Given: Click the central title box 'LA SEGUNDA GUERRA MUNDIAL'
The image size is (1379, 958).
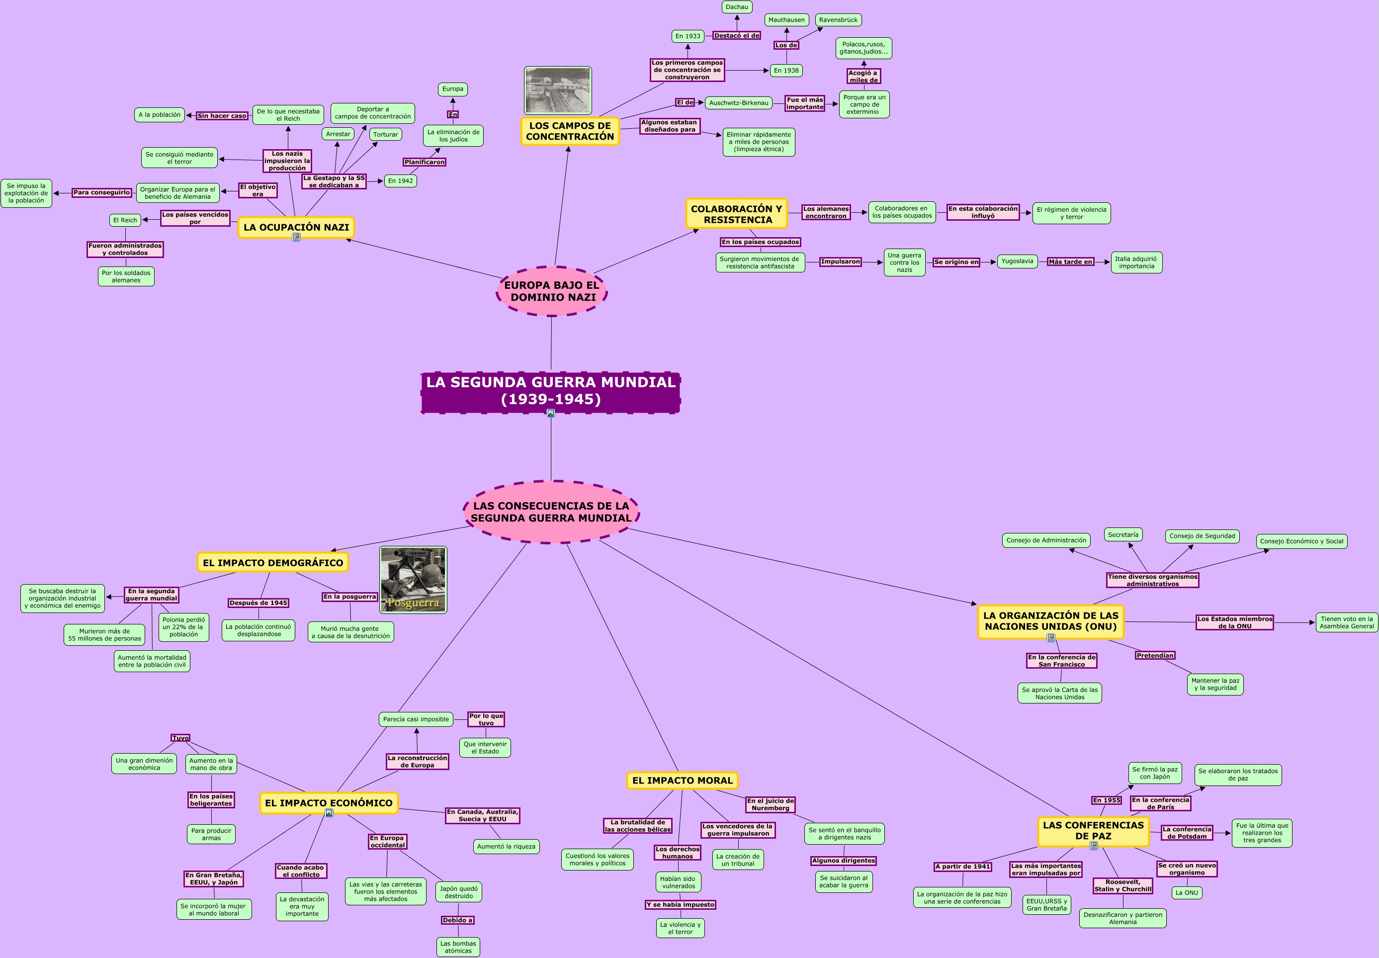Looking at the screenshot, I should click(551, 391).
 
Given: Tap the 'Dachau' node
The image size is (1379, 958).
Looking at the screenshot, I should click(736, 7).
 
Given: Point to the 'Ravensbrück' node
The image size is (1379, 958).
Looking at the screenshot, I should click(838, 20).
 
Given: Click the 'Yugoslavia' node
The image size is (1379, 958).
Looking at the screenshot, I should click(1017, 261).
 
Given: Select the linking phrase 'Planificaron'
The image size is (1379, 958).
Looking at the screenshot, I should click(424, 162).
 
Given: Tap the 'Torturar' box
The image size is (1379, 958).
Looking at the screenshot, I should click(385, 134).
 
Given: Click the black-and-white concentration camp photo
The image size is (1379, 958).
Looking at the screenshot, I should click(557, 90).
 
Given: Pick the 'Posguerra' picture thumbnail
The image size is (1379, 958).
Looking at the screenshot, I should click(414, 580).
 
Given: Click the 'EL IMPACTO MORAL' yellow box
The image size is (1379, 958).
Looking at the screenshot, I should click(683, 781).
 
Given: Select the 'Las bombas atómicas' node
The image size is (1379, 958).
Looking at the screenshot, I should click(458, 947).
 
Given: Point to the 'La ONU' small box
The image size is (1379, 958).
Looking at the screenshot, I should click(1187, 892).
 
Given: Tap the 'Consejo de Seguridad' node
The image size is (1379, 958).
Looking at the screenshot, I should click(1202, 536).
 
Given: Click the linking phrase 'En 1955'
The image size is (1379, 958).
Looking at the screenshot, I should click(1107, 800).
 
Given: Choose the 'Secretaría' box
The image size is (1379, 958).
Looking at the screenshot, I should click(1123, 535).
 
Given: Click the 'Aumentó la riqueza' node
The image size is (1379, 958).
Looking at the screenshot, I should click(506, 846).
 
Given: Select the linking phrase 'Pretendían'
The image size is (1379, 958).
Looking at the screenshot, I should click(1155, 655).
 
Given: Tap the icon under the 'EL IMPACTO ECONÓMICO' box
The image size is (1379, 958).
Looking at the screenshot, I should click(329, 813).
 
